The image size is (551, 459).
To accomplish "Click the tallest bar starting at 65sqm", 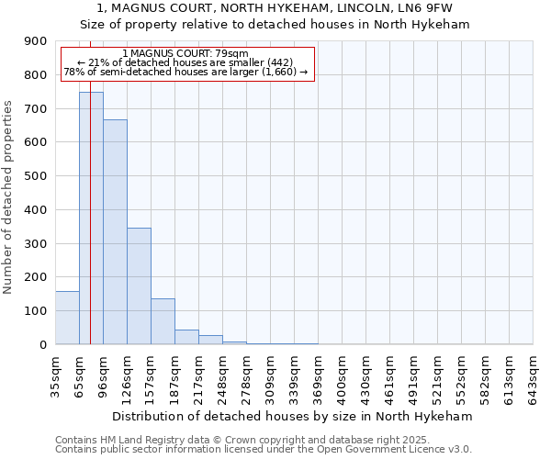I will click(91, 218).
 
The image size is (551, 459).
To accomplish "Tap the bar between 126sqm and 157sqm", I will click(139, 285).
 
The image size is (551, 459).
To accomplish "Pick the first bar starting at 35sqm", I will click(67, 318).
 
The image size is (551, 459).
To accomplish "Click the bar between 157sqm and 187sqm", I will click(163, 321).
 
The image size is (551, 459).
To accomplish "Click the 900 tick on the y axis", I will click(36, 41).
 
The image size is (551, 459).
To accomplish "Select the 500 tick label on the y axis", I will click(36, 176).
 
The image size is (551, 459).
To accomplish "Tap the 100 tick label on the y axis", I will click(36, 311).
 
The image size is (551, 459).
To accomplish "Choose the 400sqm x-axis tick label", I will click(342, 376).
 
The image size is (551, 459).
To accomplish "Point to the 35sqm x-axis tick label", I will click(55, 376).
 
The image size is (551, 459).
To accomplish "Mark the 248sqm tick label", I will click(222, 376).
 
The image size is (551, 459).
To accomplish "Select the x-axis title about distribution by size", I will click(294, 416).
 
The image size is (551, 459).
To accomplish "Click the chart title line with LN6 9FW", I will click(275, 8).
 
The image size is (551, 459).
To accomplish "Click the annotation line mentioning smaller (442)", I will click(187, 62).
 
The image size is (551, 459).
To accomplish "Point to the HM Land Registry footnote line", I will click(249, 440).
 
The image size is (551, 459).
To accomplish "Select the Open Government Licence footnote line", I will click(264, 450).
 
